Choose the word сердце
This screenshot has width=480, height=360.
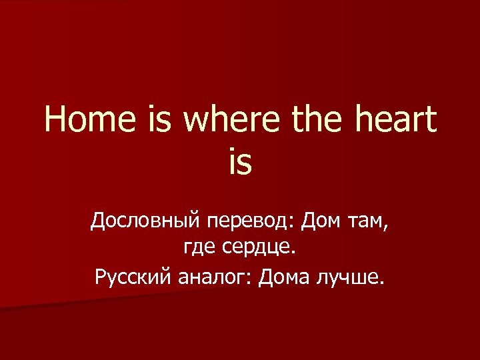(257, 249)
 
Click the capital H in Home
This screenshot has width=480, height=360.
(57, 121)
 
